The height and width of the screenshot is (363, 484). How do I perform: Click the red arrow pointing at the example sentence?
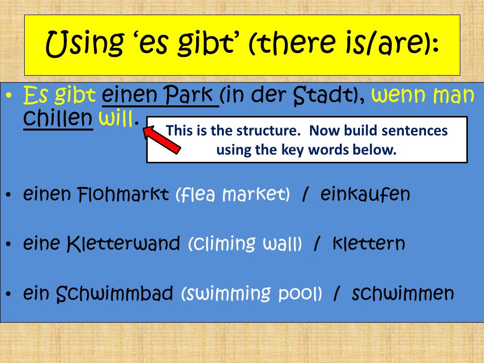coord(162,139)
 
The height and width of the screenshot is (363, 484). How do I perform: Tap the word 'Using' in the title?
coord(84,44)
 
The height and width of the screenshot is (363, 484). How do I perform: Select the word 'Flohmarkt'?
coord(123,194)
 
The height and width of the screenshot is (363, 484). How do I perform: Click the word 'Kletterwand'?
coord(124,244)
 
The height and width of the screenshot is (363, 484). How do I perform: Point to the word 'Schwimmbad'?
coord(114,293)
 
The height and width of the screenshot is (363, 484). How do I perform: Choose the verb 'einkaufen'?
coord(365,194)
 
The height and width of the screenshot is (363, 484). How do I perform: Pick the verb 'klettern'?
coord(369,244)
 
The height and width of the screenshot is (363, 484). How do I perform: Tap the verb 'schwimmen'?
coord(403,293)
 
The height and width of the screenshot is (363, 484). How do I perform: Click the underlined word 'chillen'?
coord(58,118)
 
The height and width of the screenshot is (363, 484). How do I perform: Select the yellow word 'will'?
coord(116,118)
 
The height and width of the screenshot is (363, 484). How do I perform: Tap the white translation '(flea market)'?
coord(233,195)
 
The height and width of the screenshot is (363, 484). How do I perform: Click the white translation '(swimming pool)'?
coord(252,293)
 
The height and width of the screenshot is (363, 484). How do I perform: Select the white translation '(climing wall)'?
coord(245,244)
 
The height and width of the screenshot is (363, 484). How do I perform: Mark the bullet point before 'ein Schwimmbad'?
coord(9,294)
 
